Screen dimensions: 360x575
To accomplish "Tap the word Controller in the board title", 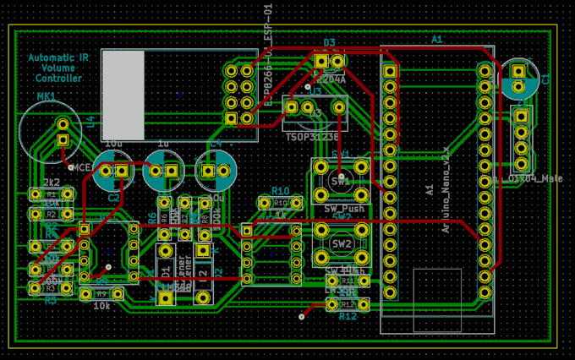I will pos(58,79).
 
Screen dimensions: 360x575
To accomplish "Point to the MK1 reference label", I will pos(46,97).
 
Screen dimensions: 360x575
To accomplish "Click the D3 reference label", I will pos(329,42).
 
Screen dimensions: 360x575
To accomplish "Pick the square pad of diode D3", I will pos(321,62).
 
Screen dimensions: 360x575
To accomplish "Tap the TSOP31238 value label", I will pos(312,136).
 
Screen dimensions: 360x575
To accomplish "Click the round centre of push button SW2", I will pos(342,243).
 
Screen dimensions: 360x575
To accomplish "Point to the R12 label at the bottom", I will pos(348,317).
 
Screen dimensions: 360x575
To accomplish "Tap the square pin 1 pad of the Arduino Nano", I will pos(390,71).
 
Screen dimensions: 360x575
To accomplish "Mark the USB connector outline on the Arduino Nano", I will pos(437,301).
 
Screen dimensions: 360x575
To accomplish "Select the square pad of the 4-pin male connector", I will pos(522,115).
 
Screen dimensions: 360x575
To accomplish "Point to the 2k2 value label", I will pos(51,183).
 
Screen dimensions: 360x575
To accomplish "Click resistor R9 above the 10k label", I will pos(101,294).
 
